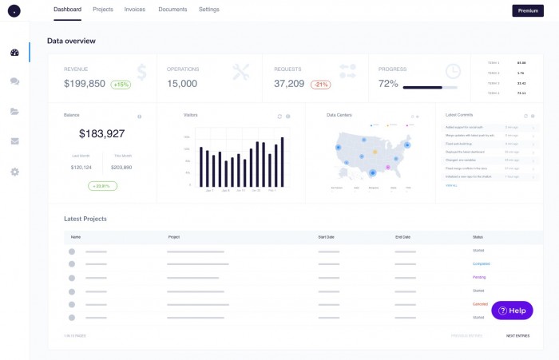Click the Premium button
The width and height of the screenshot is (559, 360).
527,10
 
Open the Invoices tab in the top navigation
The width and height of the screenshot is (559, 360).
134,10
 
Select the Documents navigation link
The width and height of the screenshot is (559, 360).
172,10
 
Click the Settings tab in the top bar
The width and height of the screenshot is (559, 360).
208,10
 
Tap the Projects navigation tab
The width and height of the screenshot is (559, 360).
102,10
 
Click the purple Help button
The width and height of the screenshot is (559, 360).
512,311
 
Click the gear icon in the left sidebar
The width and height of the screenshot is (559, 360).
14,172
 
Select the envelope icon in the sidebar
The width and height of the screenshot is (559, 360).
14,141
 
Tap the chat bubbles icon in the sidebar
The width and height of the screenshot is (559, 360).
14,81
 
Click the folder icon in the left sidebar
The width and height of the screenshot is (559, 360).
14,112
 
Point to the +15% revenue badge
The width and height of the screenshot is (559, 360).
121,84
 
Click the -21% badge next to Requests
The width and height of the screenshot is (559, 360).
321,84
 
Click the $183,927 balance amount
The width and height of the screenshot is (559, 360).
101,134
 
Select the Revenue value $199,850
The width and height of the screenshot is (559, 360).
85,84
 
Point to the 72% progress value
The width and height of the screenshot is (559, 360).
388,84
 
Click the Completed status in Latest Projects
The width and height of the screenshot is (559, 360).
481,263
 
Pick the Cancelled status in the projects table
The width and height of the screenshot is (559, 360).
480,304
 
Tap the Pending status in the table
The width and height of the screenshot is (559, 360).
479,277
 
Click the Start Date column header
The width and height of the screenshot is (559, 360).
327,237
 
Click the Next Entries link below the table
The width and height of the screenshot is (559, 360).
517,336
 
